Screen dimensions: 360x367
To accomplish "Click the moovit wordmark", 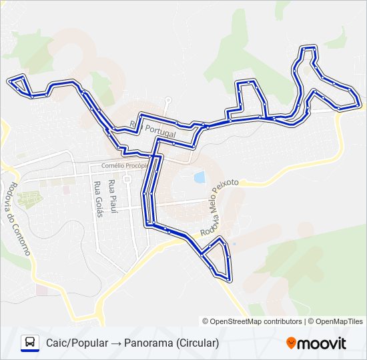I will [322, 343].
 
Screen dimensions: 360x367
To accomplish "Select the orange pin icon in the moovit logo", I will [291, 343].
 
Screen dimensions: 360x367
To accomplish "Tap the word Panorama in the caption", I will [148, 343].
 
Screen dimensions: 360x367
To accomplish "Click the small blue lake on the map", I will [198, 177].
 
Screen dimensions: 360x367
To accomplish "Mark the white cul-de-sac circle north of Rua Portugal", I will [167, 101].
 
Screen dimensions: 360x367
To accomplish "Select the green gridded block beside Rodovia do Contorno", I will [29, 198].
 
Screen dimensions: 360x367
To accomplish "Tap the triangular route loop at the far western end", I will [21, 85].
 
